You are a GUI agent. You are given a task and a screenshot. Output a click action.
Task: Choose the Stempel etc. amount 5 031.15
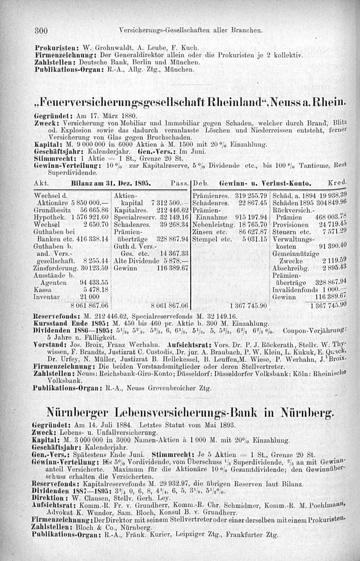[255, 239]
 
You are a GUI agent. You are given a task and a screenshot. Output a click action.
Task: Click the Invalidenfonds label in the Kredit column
[291, 290]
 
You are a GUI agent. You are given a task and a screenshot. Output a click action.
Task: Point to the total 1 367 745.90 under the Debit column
[250, 306]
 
